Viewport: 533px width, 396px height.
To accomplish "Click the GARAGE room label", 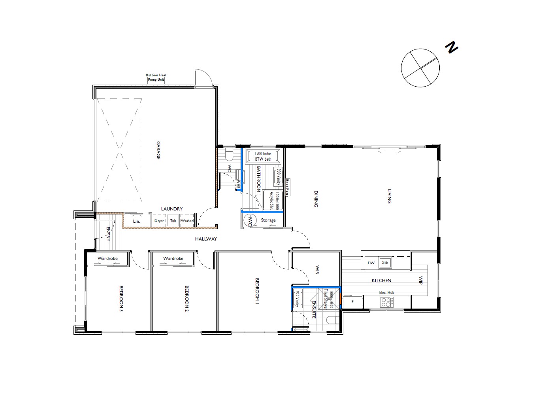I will point(158,150).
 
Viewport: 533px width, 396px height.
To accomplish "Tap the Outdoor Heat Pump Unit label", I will point(156,78).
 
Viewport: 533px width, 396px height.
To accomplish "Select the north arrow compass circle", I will point(420,68).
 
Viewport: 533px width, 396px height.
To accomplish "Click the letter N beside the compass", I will point(451,47).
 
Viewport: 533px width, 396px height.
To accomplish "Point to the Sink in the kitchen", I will point(385,263).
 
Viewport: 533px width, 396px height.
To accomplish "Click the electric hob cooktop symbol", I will point(386,302).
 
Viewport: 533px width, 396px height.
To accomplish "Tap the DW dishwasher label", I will point(371,263).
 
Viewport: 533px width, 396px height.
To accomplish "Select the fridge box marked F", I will point(352,302).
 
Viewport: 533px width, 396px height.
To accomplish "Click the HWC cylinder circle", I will point(250,220).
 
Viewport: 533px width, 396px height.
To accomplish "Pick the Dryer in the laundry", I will point(159,221).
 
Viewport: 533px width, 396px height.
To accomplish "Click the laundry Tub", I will point(173,221).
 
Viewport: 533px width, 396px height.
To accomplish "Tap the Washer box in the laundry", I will point(187,221).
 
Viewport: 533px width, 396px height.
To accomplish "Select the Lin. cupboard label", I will point(137,221).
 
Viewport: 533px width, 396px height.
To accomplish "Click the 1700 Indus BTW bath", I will point(263,156).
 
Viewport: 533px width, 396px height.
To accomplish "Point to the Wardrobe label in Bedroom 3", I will point(107,258).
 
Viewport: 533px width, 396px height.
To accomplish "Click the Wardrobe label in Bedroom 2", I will point(173,258).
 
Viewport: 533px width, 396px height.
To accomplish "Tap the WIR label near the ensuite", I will point(316,270).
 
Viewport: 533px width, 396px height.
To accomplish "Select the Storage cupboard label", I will point(268,220).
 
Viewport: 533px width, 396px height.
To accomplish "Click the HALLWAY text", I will point(206,239).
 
